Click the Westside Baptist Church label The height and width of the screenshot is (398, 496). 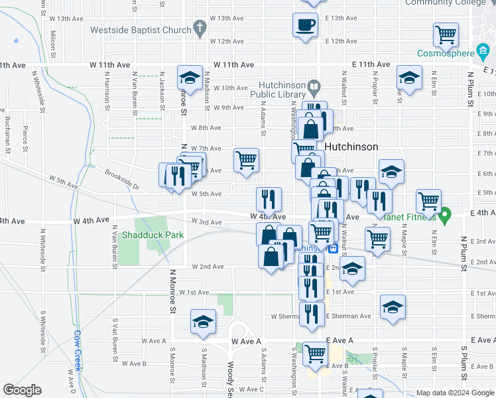pyautogui.click(x=141, y=29)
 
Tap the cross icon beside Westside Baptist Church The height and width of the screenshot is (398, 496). pyautogui.click(x=198, y=28)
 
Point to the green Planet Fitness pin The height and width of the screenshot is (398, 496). pyautogui.click(x=446, y=214)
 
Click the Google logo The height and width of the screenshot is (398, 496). pyautogui.click(x=22, y=390)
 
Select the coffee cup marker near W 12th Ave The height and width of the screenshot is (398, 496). pyautogui.click(x=305, y=25)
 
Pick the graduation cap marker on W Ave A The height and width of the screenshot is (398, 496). pyautogui.click(x=203, y=322)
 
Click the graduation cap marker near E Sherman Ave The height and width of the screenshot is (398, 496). pyautogui.click(x=393, y=306)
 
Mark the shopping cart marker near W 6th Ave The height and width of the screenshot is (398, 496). pyautogui.click(x=246, y=160)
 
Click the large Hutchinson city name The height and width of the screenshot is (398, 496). pyautogui.click(x=351, y=147)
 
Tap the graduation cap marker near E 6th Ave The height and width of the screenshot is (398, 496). pyautogui.click(x=391, y=172)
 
